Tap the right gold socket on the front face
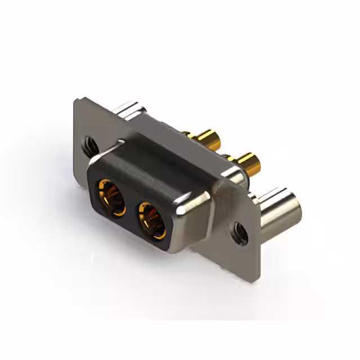pos(152,219)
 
